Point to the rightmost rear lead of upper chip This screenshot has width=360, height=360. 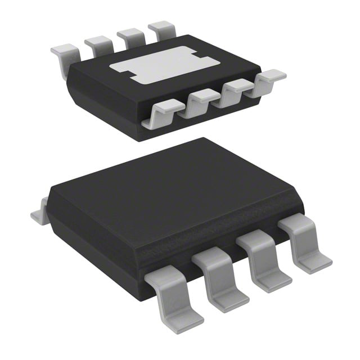162,28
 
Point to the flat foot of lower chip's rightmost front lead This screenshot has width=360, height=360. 315,262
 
